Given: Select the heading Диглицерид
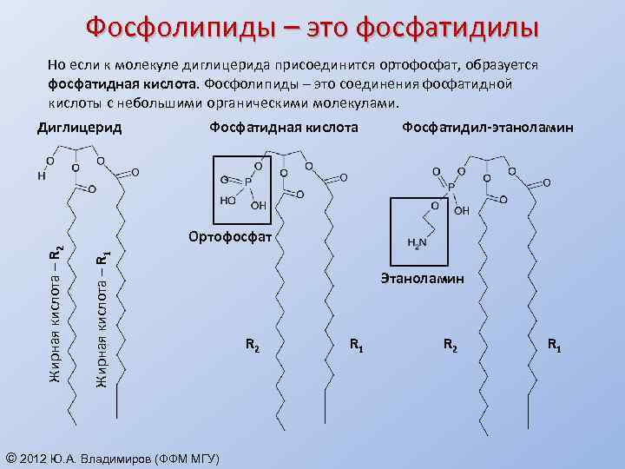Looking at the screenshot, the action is click(x=79, y=128).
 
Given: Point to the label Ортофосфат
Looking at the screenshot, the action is click(x=231, y=236).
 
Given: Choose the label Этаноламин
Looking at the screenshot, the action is click(x=422, y=279).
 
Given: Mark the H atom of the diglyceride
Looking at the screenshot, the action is click(x=41, y=176).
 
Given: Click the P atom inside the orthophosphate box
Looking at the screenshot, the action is click(x=247, y=182).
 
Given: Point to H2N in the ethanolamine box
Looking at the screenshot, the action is click(x=417, y=243).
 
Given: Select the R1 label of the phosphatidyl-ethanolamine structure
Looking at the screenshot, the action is click(x=554, y=347).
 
